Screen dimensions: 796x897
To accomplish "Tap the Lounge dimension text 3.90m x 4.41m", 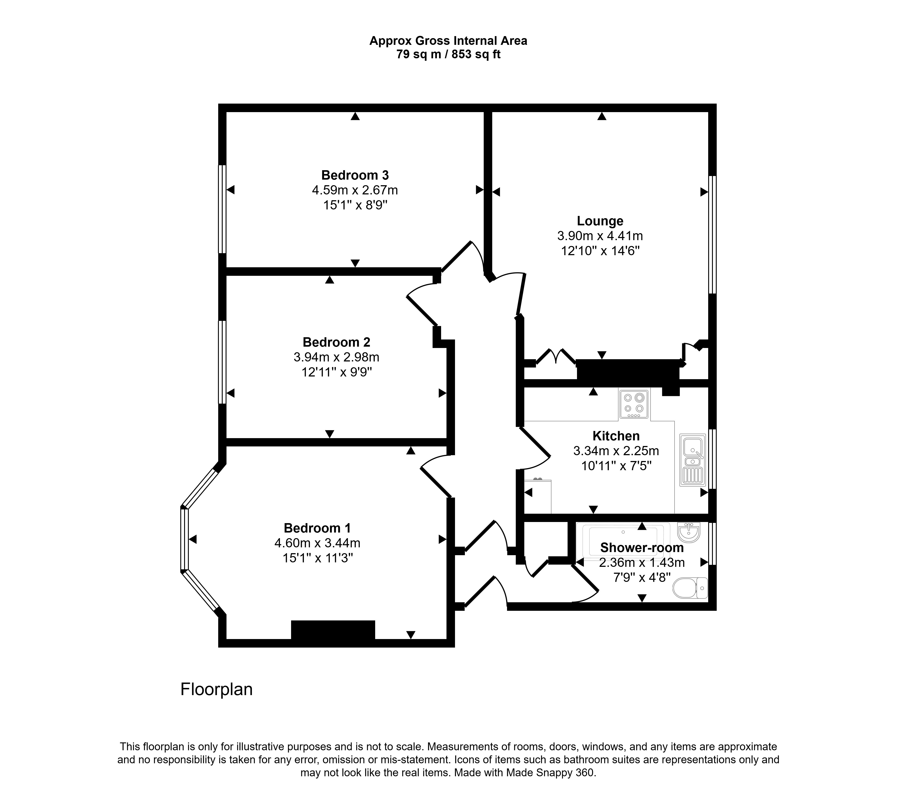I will coord(600,236).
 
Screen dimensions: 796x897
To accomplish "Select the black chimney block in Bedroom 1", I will coord(333,630).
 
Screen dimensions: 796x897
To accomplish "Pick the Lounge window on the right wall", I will coord(712,234).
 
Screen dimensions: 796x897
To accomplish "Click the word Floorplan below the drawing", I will coord(216,689).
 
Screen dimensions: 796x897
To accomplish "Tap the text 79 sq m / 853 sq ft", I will coord(448,54).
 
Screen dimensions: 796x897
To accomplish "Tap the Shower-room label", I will coord(642,548).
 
